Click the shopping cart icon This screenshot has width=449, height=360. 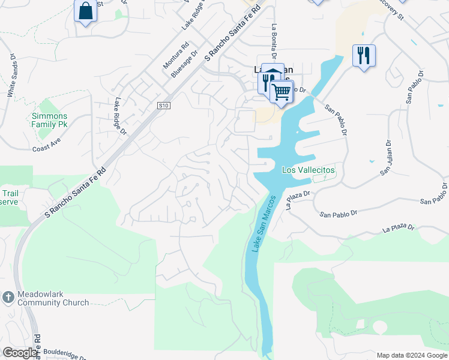click(281, 92)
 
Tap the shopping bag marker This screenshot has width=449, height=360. click(86, 11)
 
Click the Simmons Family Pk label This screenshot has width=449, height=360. click(49, 120)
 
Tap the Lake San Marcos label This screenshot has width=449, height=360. click(263, 223)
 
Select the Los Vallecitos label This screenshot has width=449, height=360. click(309, 170)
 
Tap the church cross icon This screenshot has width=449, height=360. click(8, 297)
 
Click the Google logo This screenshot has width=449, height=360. click(20, 353)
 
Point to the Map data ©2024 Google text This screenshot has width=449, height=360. click(411, 355)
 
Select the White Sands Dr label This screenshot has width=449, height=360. click(11, 75)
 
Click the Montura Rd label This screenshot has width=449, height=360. click(176, 54)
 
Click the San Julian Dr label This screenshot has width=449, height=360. click(385, 159)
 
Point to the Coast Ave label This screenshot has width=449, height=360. click(48, 148)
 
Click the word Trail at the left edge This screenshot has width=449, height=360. click(10, 193)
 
